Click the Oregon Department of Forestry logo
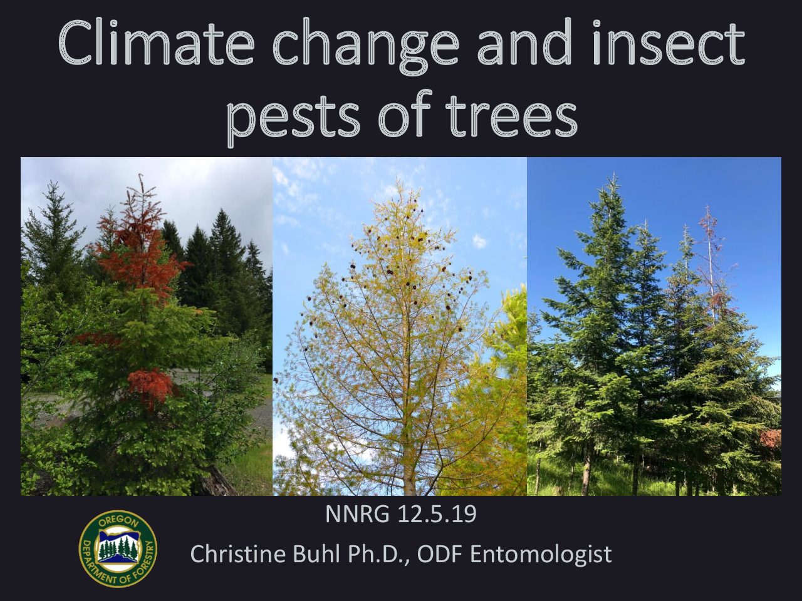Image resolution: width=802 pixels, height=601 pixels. click(x=118, y=549)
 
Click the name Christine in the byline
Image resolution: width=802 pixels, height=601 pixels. click(x=237, y=554)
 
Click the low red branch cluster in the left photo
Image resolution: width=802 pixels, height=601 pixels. click(x=150, y=387)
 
